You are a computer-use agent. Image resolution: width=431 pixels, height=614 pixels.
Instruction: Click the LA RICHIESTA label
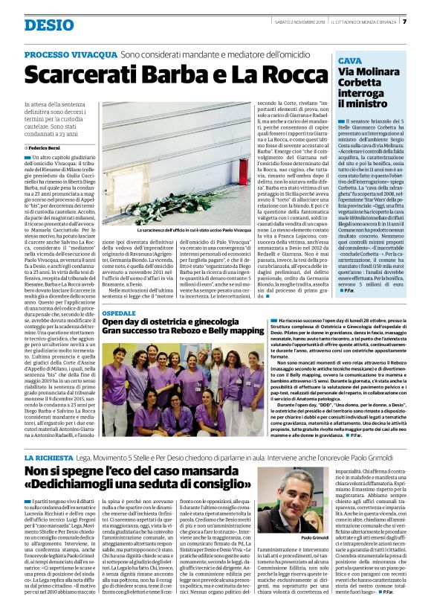coord(50,455)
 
